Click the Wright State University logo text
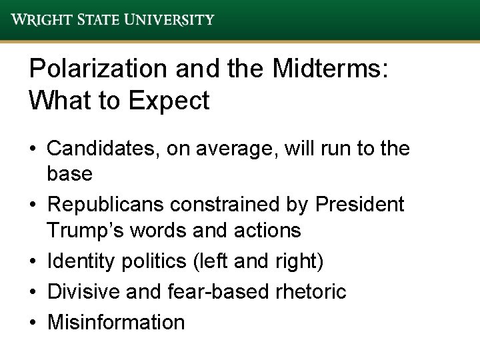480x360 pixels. (113, 19)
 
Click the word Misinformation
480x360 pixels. (115, 322)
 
